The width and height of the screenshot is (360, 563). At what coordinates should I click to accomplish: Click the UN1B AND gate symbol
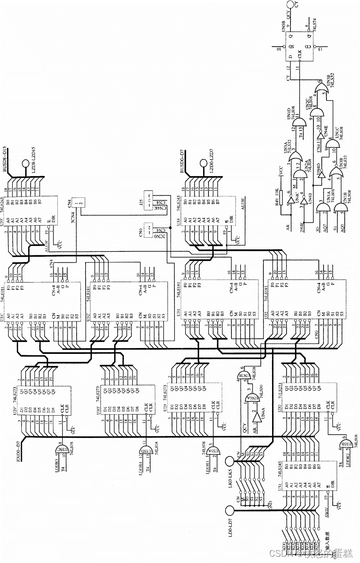point(341,208)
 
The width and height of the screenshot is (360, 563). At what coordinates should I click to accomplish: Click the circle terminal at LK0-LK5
point(231,459)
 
